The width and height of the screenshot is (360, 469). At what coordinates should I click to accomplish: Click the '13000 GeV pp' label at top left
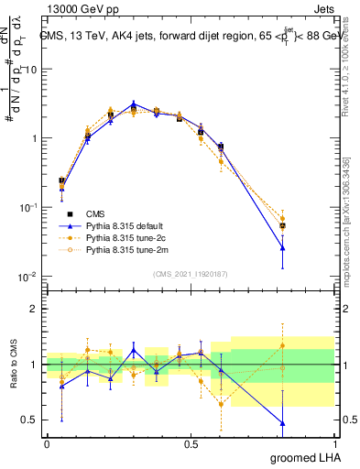(81, 8)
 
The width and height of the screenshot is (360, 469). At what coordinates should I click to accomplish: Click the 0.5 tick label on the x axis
(191, 442)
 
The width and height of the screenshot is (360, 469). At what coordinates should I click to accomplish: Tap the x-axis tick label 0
(47, 442)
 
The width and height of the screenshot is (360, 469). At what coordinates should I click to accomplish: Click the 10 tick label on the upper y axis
(32, 70)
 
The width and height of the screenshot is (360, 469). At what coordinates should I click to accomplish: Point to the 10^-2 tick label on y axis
(27, 277)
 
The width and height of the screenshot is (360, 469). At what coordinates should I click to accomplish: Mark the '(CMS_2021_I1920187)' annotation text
(191, 273)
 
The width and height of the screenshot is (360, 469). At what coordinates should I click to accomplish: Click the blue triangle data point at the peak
(134, 104)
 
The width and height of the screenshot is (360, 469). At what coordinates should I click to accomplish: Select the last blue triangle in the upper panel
(282, 247)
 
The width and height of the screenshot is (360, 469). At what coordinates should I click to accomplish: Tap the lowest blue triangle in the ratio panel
(282, 423)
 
